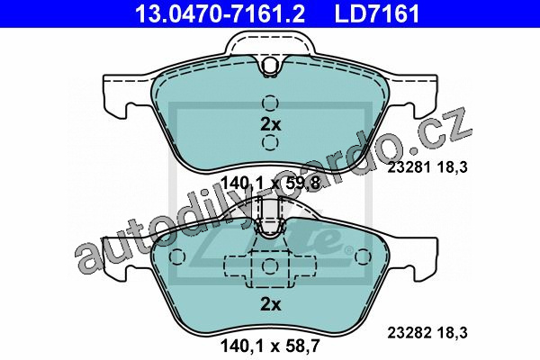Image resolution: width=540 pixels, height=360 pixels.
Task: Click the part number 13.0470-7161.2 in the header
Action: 220,14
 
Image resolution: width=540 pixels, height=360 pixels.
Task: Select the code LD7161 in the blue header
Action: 377,14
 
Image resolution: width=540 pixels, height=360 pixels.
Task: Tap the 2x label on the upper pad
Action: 271,124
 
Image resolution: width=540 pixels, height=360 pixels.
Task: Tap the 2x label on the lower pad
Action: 271,304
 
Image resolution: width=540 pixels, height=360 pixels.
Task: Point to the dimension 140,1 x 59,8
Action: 271,184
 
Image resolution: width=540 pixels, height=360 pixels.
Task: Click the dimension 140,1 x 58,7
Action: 271,346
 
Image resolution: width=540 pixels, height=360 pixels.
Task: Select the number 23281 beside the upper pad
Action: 409,167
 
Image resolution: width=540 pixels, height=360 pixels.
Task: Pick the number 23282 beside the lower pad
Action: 409,333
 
